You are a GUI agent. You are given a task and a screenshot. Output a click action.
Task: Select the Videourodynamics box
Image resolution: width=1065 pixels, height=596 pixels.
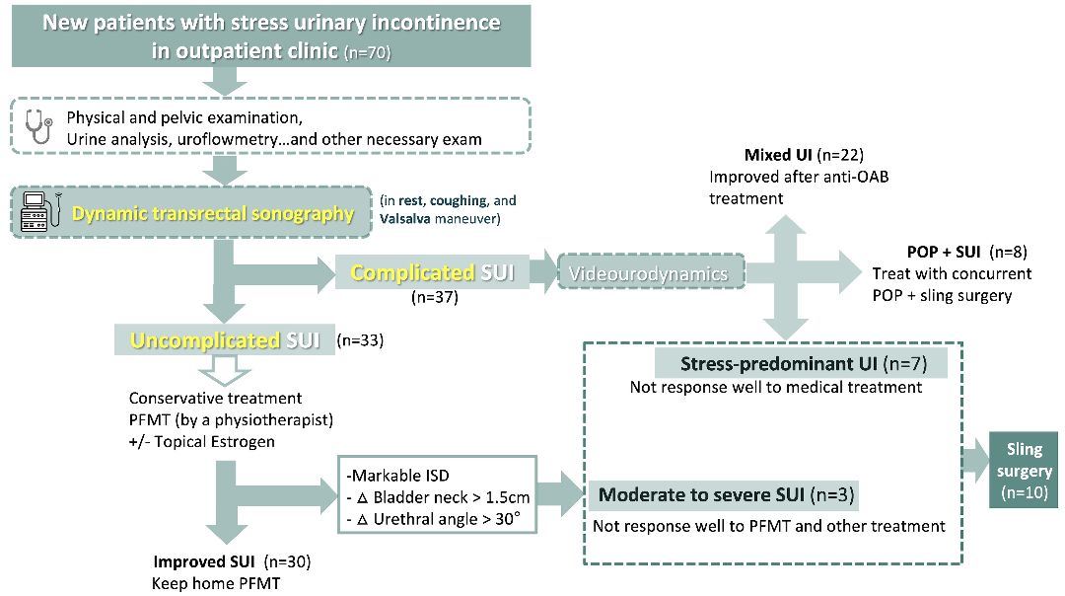(651, 273)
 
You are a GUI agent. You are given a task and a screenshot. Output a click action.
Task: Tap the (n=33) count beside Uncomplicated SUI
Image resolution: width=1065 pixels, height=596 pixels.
(360, 340)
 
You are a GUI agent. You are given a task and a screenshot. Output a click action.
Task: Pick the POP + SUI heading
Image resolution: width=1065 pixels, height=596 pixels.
(944, 252)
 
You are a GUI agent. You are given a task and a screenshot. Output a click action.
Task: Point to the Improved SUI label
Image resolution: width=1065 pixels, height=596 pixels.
(205, 561)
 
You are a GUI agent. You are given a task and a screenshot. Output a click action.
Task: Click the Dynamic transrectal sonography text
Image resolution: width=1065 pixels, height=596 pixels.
(212, 212)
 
